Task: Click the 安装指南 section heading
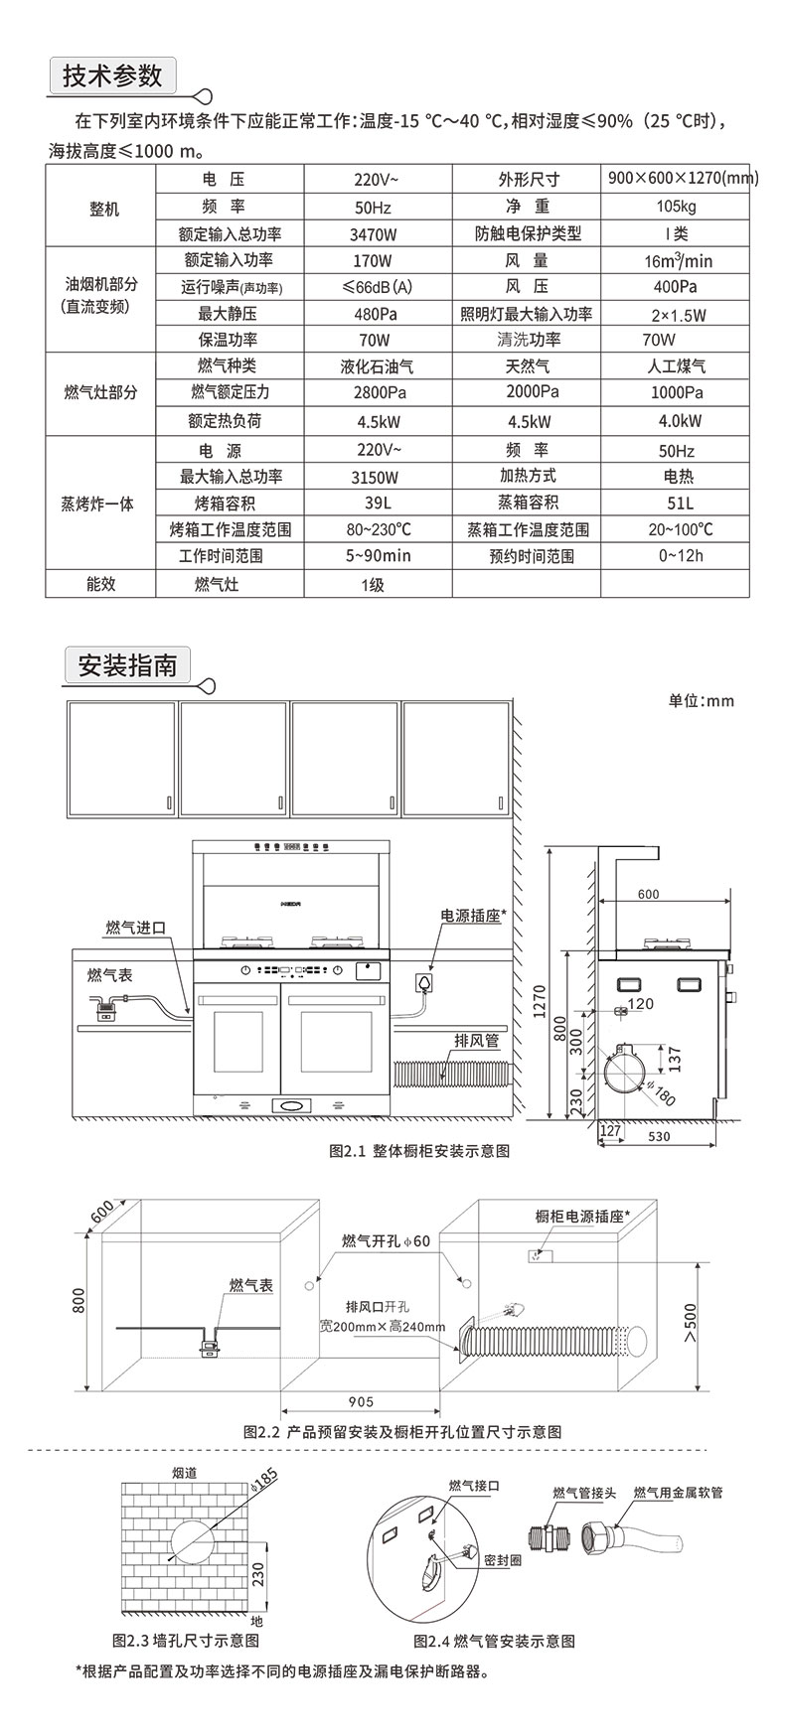coord(127,664)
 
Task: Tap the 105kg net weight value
coord(676,207)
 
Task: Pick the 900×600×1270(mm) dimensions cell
coord(683,179)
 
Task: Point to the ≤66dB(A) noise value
coord(375,288)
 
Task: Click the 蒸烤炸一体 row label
coord(98,503)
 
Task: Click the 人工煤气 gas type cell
coord(677,366)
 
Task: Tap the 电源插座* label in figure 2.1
coord(473,915)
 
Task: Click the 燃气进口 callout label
coord(136,928)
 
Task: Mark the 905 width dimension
coord(362,1401)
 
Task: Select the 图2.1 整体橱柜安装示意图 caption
coord(419,1151)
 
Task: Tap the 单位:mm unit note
coord(701,700)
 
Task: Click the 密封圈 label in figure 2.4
coord(502,1560)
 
